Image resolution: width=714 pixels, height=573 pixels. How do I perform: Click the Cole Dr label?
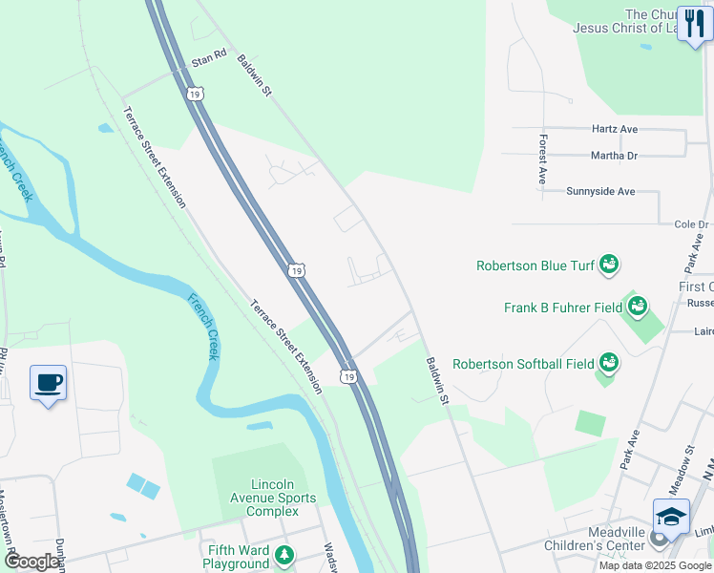point(689,224)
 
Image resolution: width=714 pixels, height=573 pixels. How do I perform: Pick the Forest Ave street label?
point(541,159)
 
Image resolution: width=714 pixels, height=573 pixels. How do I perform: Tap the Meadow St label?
point(679,469)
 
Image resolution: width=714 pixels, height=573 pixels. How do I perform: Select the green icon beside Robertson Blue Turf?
point(609,265)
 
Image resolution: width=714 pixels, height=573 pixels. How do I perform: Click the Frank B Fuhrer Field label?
point(562,308)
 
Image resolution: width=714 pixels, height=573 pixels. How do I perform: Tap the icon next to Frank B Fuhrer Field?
point(638,307)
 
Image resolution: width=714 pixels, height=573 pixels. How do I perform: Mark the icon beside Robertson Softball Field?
point(605,363)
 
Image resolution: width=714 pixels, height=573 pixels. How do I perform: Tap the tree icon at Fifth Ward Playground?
point(283,555)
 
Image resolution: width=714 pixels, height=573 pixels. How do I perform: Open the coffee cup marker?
point(49,384)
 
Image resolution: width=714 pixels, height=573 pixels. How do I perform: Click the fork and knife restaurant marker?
point(695,23)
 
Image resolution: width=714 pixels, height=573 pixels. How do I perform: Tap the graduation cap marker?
point(671,518)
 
